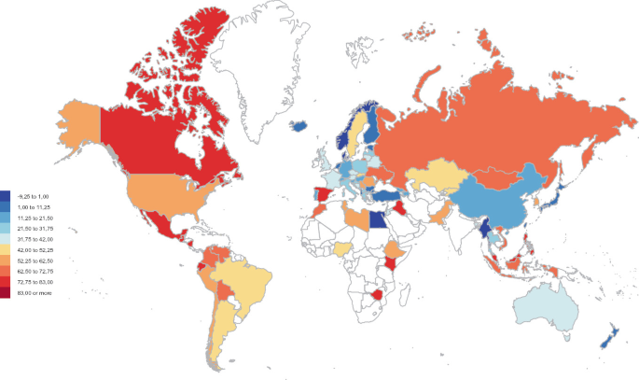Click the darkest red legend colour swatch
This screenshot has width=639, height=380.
tap(6, 293)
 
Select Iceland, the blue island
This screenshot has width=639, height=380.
tap(300, 124)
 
